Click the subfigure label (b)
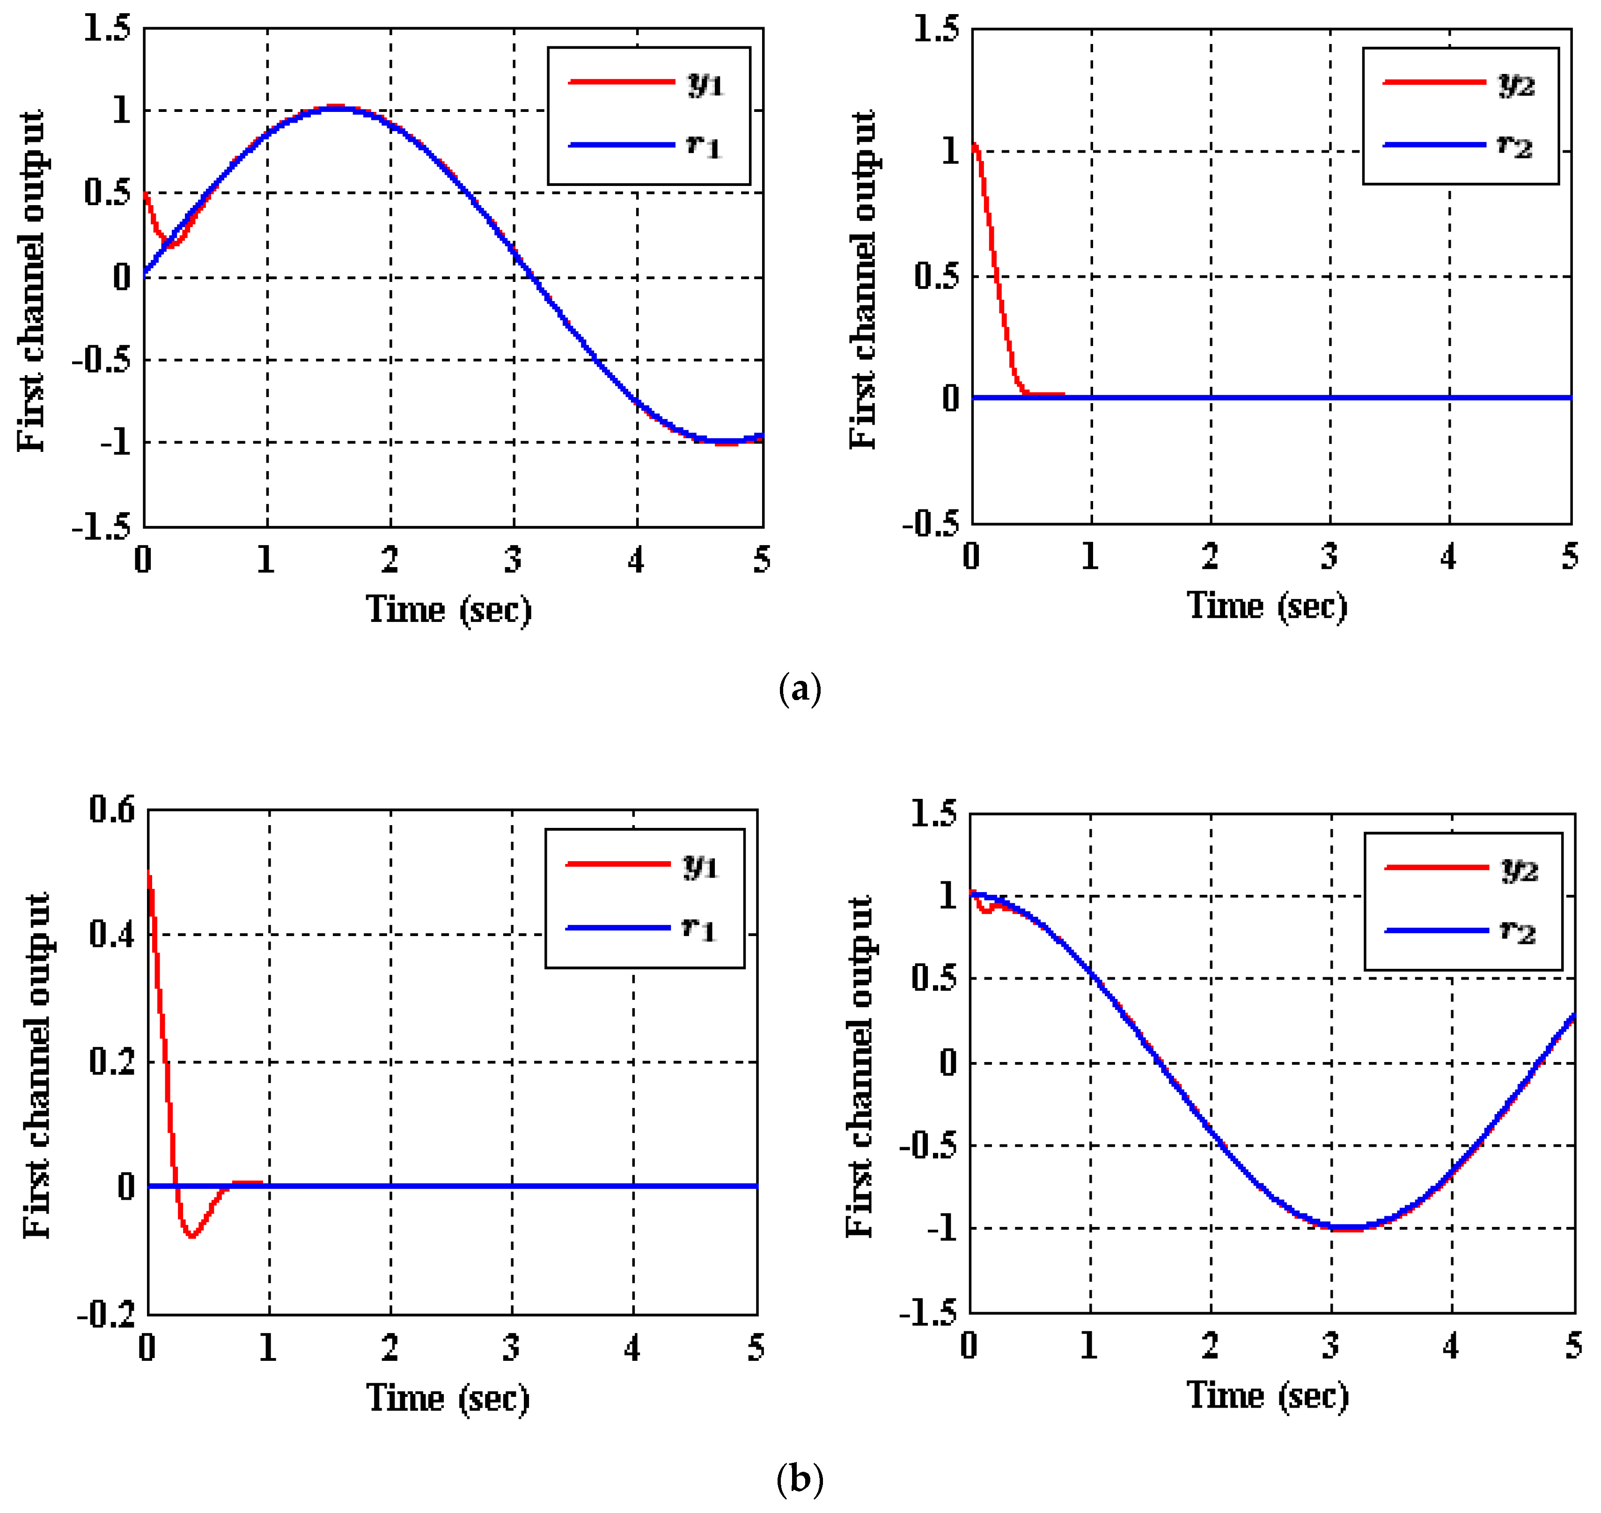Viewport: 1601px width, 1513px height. (800, 1478)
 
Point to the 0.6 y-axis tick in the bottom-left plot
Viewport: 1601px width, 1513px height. (111, 810)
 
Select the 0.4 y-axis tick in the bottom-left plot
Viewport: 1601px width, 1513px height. (111, 935)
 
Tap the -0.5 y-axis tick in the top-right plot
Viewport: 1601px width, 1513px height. (931, 524)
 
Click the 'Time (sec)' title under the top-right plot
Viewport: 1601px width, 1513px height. (1266, 605)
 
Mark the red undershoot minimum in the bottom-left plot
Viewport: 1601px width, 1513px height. (191, 1236)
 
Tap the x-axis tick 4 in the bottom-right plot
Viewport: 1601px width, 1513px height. (1450, 1346)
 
